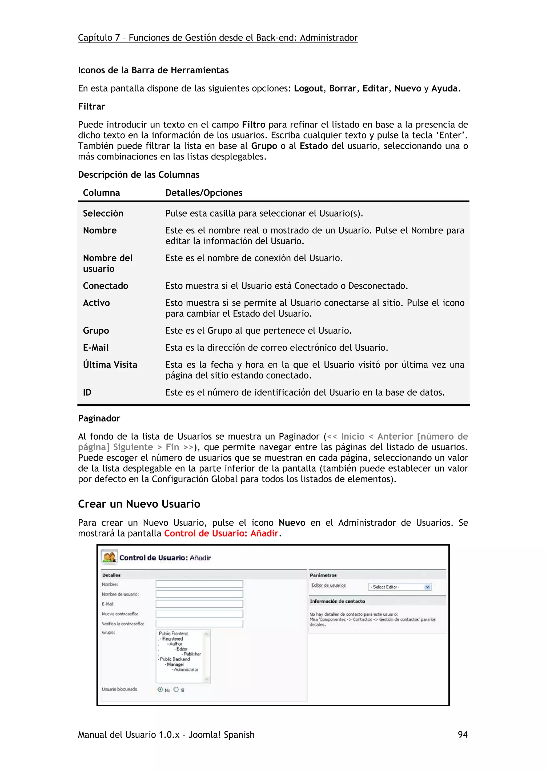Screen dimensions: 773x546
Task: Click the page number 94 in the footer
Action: (463, 735)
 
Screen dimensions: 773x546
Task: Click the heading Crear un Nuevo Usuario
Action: (139, 504)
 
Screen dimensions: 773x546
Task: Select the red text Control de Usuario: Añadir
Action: (221, 533)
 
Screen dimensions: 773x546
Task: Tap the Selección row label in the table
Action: (103, 213)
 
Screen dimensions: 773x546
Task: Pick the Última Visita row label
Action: (110, 365)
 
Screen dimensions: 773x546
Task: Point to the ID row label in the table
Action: (87, 393)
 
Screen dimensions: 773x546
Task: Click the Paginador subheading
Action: (99, 419)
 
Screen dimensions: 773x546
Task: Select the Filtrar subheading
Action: (91, 107)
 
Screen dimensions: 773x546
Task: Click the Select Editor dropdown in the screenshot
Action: (400, 587)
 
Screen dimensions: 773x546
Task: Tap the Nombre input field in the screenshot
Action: (199, 584)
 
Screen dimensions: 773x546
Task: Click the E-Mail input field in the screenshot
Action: (199, 604)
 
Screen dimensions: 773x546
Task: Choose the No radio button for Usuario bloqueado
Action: (160, 690)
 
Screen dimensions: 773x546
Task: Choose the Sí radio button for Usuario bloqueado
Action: (176, 690)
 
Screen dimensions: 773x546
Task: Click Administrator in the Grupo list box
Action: (186, 670)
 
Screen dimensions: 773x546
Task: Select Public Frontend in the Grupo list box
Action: (174, 633)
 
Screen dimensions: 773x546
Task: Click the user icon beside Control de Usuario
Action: (109, 557)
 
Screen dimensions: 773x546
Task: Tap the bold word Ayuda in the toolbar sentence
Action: (444, 89)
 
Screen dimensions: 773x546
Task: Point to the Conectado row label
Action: (105, 286)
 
